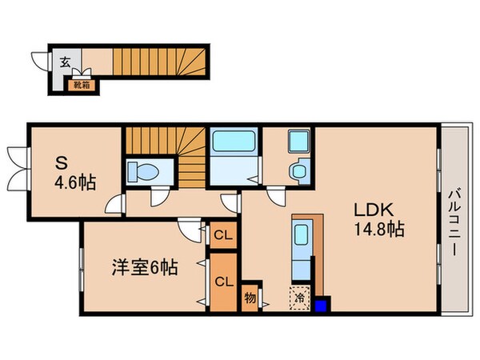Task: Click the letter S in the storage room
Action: point(60,162)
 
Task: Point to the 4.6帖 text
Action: point(75,182)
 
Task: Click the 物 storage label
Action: point(250,297)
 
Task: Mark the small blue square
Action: point(322,305)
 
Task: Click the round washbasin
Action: point(299,170)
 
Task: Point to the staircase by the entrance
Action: point(156,64)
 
